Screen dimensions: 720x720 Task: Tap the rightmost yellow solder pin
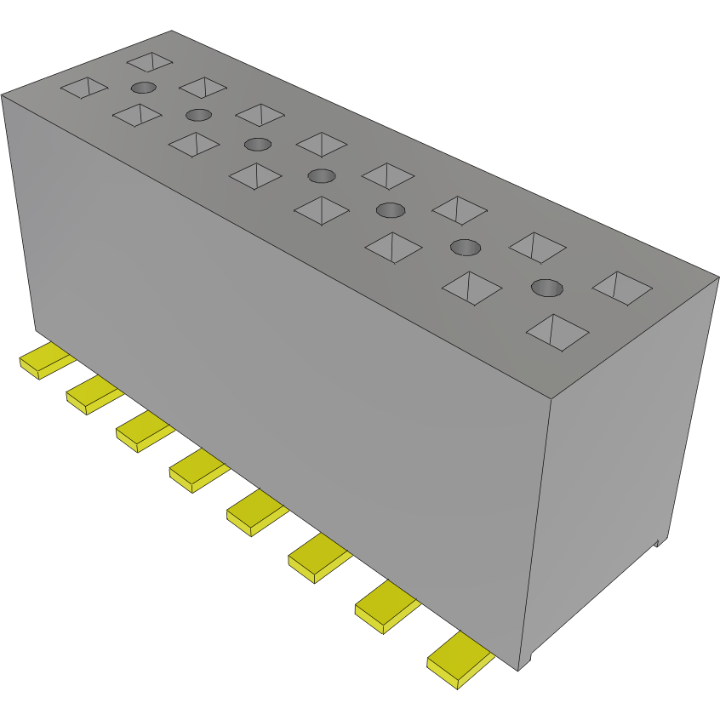point(460,658)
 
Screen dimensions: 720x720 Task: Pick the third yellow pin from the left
point(142,431)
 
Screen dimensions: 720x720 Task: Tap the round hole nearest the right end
point(547,288)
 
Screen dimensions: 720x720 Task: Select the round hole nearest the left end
point(143,88)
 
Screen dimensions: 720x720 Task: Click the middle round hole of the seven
point(321,176)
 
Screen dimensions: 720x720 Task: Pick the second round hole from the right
point(465,248)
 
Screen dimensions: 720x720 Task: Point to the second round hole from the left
point(198,115)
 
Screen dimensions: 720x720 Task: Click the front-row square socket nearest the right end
point(557,332)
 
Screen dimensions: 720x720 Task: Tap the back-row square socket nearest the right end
point(620,287)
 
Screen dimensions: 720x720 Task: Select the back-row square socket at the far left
point(150,61)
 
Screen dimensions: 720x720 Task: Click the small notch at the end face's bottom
point(658,541)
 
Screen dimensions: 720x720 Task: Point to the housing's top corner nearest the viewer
point(551,398)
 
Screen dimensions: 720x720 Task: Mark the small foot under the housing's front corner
point(526,659)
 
